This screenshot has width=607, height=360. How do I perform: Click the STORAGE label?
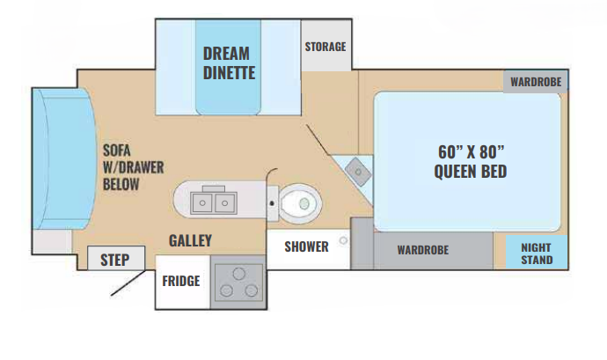click(325, 47)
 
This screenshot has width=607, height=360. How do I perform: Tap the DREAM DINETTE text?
click(229, 63)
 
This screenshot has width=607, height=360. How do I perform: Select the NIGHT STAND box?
click(537, 252)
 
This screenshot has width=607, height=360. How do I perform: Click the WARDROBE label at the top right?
click(536, 82)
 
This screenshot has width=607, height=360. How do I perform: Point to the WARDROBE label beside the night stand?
click(423, 250)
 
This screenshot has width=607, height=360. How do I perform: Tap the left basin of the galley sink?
click(201, 202)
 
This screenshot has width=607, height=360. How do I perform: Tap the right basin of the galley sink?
click(224, 202)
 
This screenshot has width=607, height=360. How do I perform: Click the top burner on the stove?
click(239, 274)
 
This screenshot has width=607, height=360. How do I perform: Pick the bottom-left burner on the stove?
click(226, 290)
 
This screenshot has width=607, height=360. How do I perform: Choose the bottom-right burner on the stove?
click(252, 290)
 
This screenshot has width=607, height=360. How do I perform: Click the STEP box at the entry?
click(116, 258)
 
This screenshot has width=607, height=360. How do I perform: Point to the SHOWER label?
click(306, 246)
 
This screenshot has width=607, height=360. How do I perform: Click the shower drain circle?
click(343, 240)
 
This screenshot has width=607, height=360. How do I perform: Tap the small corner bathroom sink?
click(358, 172)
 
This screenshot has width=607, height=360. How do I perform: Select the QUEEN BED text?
click(471, 172)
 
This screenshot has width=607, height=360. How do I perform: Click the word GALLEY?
click(190, 240)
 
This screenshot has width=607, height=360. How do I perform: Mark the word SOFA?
click(116, 151)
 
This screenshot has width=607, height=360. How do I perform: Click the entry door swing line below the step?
click(128, 283)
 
